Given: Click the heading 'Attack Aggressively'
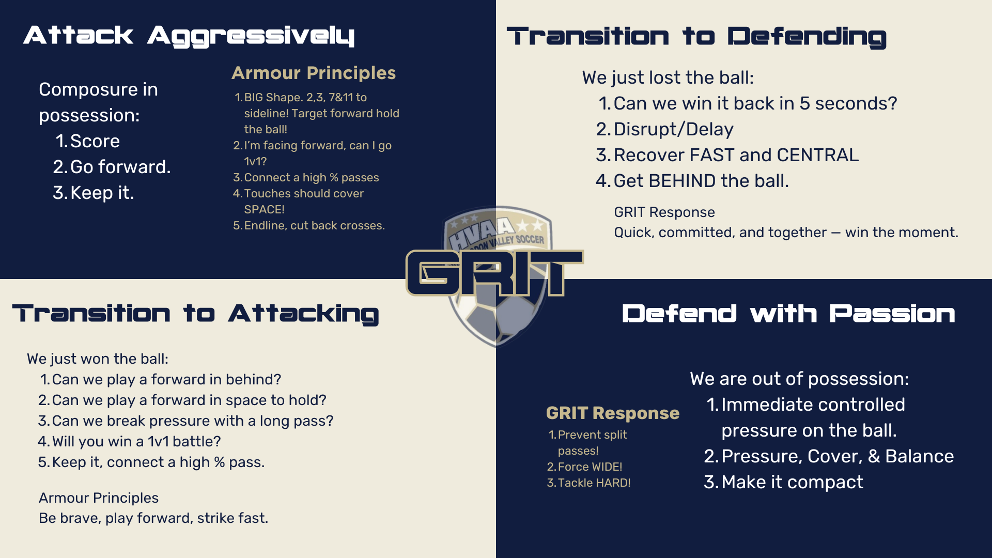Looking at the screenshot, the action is coord(189,36).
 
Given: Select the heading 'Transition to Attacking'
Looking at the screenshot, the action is coord(195,314).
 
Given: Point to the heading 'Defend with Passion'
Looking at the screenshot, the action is coord(788,314).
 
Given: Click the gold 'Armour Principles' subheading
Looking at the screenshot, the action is coord(314,73).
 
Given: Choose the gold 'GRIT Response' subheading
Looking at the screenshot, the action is coord(613,413).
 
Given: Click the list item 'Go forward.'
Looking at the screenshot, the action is coord(120,167).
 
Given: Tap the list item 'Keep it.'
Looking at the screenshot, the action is coord(102,193).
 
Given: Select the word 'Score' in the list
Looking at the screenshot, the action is coord(95,141).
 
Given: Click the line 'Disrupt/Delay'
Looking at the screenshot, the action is coord(674,129).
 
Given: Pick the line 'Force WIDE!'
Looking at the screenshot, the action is coord(590,467).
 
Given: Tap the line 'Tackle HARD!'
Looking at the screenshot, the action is coord(594,483).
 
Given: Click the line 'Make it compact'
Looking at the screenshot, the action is coord(792,482).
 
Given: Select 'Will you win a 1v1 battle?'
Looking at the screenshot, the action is coord(136,441).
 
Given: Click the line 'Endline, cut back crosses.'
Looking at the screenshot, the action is coord(315,226).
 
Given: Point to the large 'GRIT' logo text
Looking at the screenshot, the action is coord(495,273).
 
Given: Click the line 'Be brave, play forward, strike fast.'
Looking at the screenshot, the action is coord(153,518).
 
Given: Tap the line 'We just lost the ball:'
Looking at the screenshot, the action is coord(668,78).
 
